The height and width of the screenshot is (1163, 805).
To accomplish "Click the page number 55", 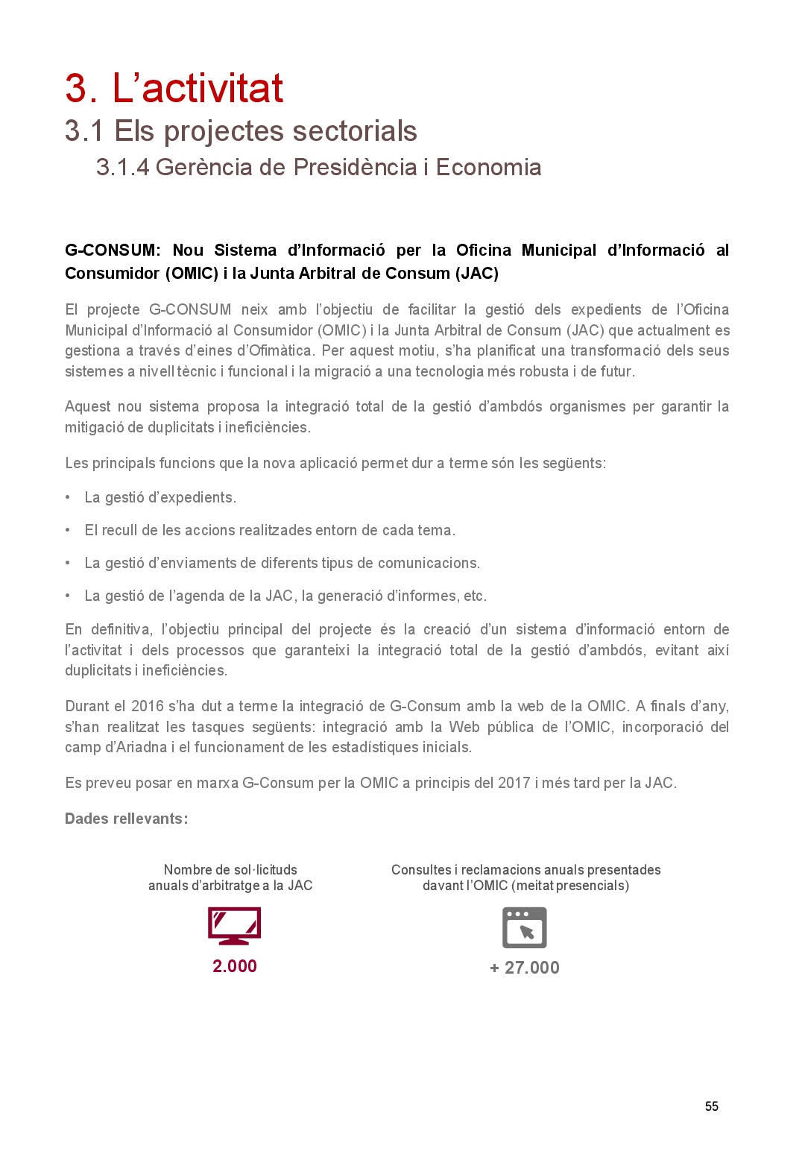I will [711, 1106].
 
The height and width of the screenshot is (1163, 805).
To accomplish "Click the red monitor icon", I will [234, 926].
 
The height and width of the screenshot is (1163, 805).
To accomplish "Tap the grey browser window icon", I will [525, 927].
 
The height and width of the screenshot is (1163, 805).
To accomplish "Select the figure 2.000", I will [234, 966].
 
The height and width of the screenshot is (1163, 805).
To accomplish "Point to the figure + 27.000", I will [525, 968].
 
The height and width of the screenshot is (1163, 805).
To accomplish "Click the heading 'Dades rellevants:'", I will [126, 819].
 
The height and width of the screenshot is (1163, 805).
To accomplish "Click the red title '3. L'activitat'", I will [174, 88].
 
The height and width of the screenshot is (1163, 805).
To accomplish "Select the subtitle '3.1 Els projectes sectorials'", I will [241, 131].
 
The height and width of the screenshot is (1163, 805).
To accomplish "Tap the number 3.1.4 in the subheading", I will [122, 167].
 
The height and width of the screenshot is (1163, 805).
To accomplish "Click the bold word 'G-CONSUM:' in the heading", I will [113, 250].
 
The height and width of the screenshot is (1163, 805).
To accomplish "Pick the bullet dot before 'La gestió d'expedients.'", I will [68, 497].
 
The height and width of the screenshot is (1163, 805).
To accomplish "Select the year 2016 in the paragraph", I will [148, 706].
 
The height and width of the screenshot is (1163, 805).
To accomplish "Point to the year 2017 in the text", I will [514, 783].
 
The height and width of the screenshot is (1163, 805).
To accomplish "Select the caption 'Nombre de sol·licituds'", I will [230, 870].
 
